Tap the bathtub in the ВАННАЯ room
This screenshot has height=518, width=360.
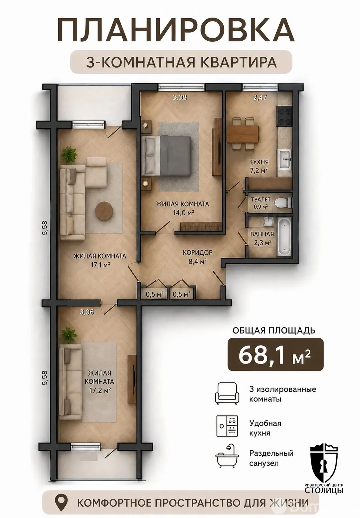click(284, 237)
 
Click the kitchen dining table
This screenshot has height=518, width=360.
click(243, 134)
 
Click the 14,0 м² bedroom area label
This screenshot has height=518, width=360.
click(183, 213)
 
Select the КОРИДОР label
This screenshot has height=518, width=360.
click(197, 253)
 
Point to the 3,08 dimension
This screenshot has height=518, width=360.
click(179, 98)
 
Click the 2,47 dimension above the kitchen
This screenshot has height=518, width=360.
click(259, 97)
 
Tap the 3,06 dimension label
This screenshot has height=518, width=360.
click(87, 312)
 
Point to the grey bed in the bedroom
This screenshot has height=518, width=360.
click(166, 156)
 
